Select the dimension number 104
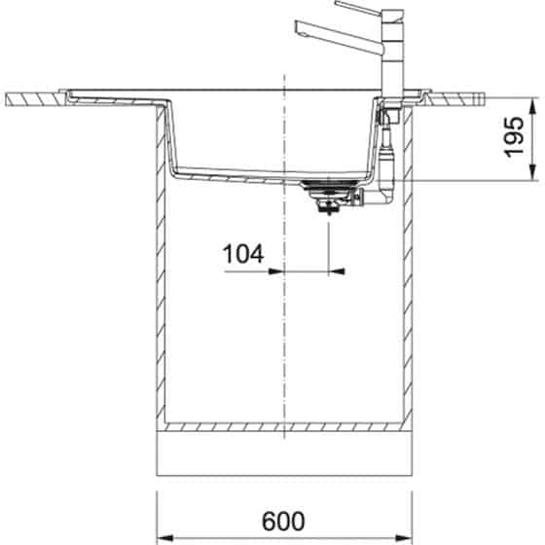point(243,255)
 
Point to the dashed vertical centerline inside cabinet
point(283,341)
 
